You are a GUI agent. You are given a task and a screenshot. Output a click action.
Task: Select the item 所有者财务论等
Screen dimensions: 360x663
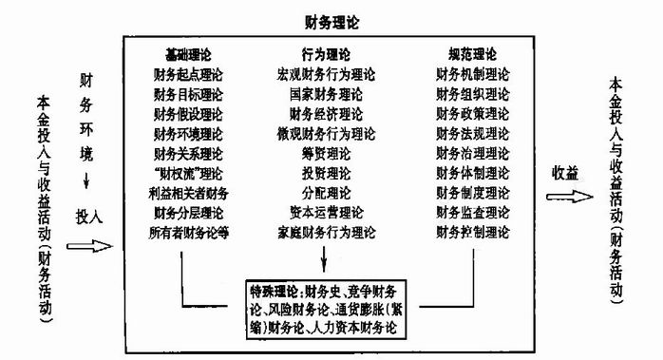point(189,232)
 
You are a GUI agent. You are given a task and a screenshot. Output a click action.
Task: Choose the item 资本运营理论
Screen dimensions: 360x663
point(326,212)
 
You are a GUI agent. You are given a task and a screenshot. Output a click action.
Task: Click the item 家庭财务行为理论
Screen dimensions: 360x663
point(326,232)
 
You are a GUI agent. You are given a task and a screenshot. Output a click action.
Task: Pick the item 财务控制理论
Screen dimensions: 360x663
point(473,232)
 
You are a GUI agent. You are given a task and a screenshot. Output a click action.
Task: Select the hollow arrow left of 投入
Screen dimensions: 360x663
point(82,248)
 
